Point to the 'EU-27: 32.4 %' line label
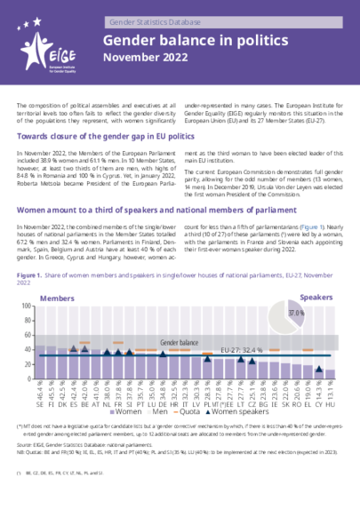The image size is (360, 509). [267, 350]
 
